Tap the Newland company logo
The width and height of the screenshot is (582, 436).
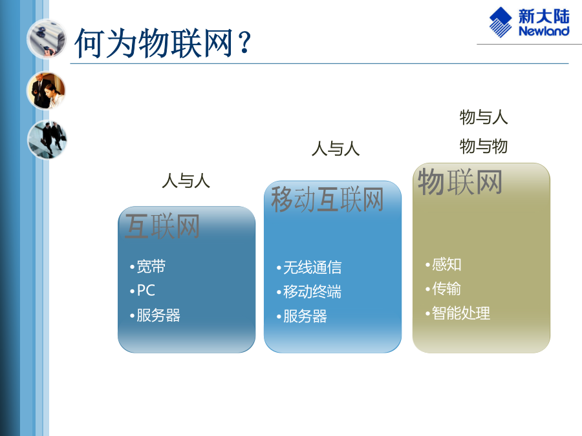529,23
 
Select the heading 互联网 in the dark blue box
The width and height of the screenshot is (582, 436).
162,226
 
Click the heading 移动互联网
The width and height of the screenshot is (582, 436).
327,200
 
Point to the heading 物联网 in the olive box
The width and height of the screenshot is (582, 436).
460,182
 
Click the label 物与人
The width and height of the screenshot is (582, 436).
484,117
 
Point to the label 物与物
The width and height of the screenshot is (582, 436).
484,146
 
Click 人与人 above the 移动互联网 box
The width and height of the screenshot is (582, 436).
336,149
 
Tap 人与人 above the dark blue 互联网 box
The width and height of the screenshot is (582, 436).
186,181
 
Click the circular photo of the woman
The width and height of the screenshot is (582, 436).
47,91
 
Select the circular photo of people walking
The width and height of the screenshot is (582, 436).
47,140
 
